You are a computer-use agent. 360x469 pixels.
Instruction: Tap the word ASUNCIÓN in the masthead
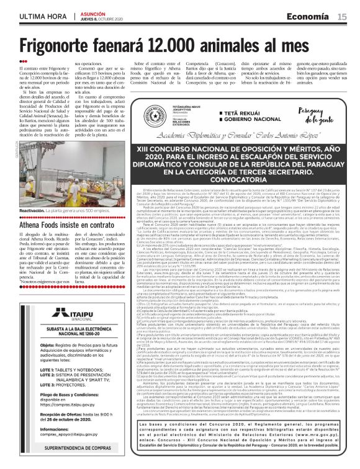[x=93, y=14]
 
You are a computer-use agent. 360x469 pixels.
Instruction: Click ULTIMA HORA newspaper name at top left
[x=43, y=16]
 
